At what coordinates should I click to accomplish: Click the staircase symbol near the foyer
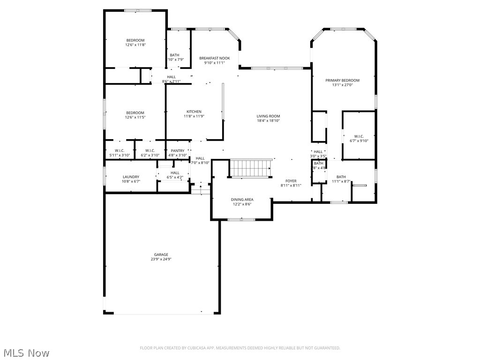(250, 168)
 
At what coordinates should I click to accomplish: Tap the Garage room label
(161, 255)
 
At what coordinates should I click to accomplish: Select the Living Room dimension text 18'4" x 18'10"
(268, 120)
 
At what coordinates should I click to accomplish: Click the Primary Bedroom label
(342, 80)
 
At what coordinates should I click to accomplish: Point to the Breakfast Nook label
(214, 58)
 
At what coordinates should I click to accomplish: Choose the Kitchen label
(194, 112)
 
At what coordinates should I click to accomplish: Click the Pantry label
(177, 150)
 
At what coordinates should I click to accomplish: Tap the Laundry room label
(131, 177)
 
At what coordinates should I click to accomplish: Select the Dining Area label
(242, 199)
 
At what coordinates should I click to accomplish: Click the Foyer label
(291, 180)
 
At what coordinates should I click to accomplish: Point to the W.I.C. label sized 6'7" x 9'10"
(359, 136)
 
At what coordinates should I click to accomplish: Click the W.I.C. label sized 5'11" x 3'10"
(119, 150)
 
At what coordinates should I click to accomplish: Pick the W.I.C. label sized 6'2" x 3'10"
(150, 150)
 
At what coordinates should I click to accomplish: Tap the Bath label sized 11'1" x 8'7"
(341, 177)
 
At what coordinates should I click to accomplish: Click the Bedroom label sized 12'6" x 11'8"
(135, 40)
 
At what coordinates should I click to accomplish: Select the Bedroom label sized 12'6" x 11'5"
(135, 112)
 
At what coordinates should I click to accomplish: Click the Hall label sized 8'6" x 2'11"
(171, 77)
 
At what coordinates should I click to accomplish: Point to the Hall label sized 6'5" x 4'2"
(175, 172)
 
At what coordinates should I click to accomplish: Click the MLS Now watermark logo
(26, 352)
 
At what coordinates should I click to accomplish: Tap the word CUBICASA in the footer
(192, 348)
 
